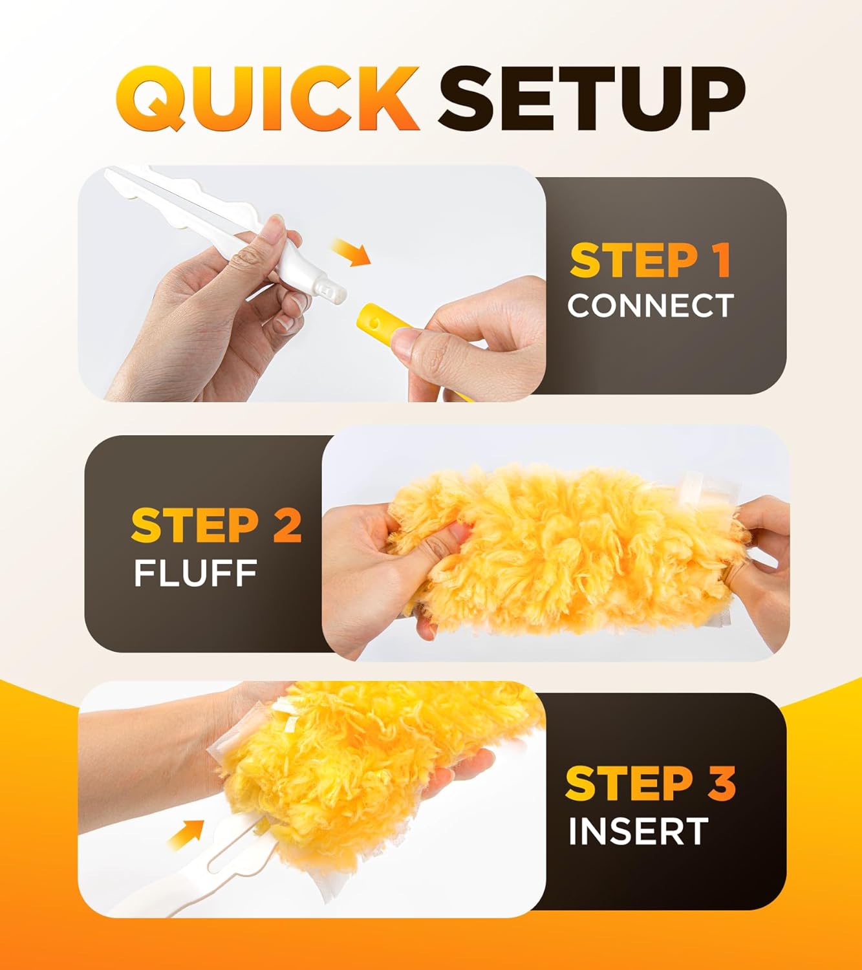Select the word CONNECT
651,305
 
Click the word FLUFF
195,573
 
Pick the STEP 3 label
650,783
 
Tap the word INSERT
638,832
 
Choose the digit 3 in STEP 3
723,783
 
